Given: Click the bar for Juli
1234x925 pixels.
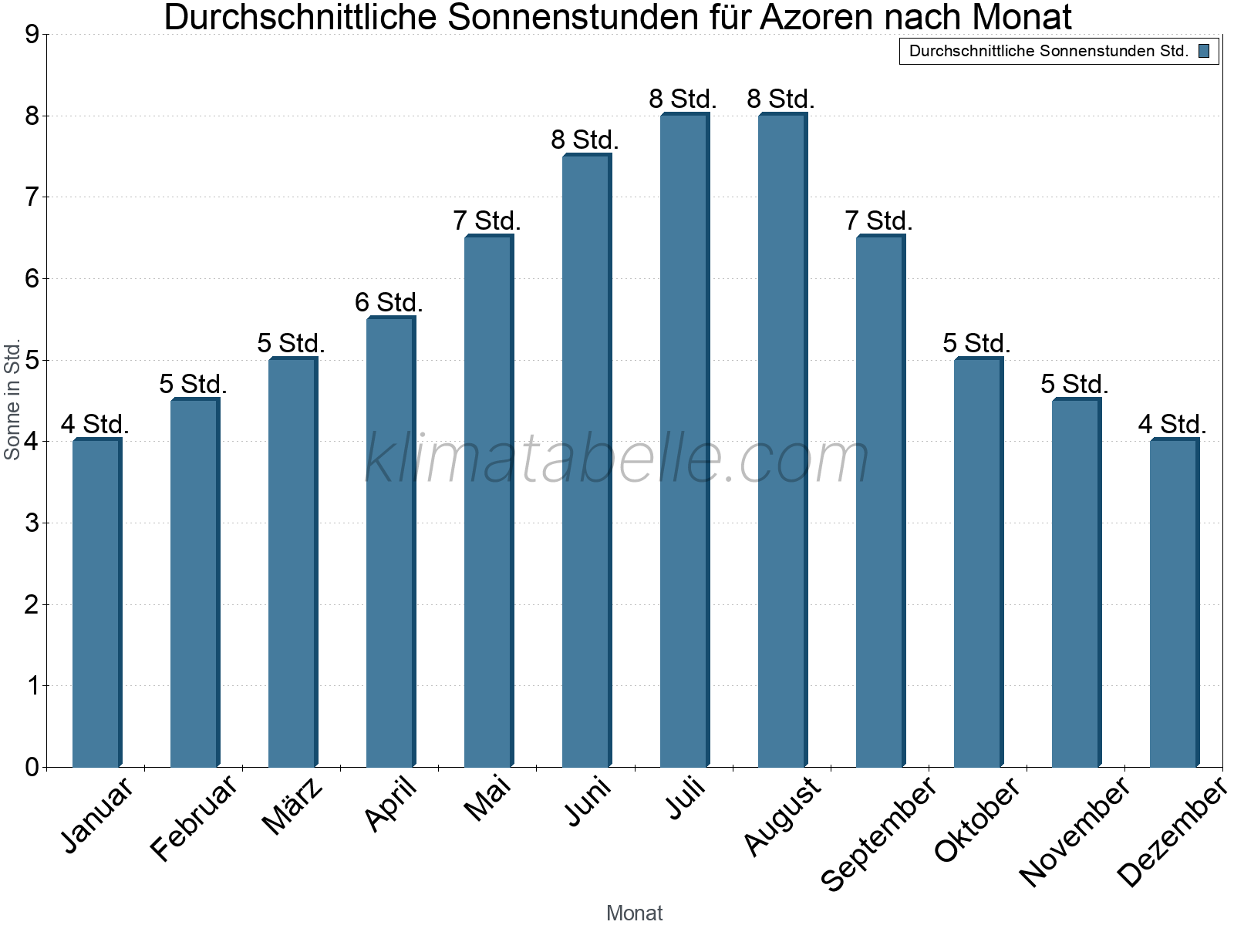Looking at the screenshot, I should click(x=684, y=441).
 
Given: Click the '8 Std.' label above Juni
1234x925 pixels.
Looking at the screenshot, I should click(x=585, y=140).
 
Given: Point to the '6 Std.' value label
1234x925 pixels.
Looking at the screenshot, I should click(x=389, y=302).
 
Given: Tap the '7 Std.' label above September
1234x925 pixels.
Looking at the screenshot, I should click(x=878, y=221).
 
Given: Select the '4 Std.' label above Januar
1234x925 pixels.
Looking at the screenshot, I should click(x=95, y=424).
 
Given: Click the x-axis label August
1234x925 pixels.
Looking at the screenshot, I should click(x=784, y=816).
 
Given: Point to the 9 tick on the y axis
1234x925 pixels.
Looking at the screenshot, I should click(x=32, y=35).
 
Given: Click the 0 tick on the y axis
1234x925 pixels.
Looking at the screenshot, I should click(x=32, y=767).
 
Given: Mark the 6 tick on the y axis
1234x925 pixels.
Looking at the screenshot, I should click(x=32, y=279).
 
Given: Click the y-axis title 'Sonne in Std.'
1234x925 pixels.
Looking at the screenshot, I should click(x=12, y=400).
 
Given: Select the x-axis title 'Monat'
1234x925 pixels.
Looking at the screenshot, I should click(x=634, y=913).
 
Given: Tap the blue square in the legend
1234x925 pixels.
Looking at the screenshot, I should click(x=1204, y=52).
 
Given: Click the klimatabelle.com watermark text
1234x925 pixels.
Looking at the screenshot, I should click(x=617, y=459).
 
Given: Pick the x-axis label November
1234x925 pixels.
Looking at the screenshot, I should click(x=1074, y=831).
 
